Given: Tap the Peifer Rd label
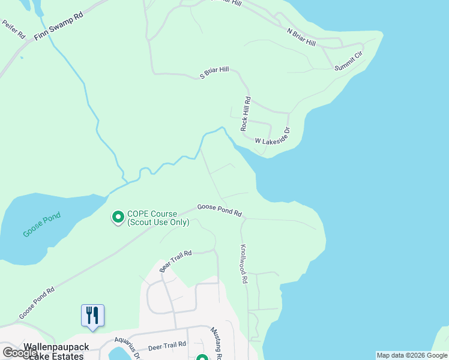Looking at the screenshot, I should click(x=13, y=30).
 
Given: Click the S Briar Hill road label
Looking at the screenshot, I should click(x=214, y=73).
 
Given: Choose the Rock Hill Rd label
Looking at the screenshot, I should click(x=245, y=114).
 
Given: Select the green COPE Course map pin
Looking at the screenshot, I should click(x=118, y=216).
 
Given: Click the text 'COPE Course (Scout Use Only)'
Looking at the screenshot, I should click(x=158, y=218).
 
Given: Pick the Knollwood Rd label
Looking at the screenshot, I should click(x=244, y=263).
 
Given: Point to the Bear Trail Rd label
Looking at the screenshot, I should click(x=175, y=262).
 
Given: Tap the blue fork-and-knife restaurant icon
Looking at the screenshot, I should click(x=92, y=316).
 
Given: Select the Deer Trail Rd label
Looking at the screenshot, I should click(x=167, y=346).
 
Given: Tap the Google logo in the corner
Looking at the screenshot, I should click(x=20, y=353).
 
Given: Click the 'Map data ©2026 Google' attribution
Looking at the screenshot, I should click(x=412, y=355).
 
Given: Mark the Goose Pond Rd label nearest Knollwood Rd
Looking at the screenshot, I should click(x=219, y=211).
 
